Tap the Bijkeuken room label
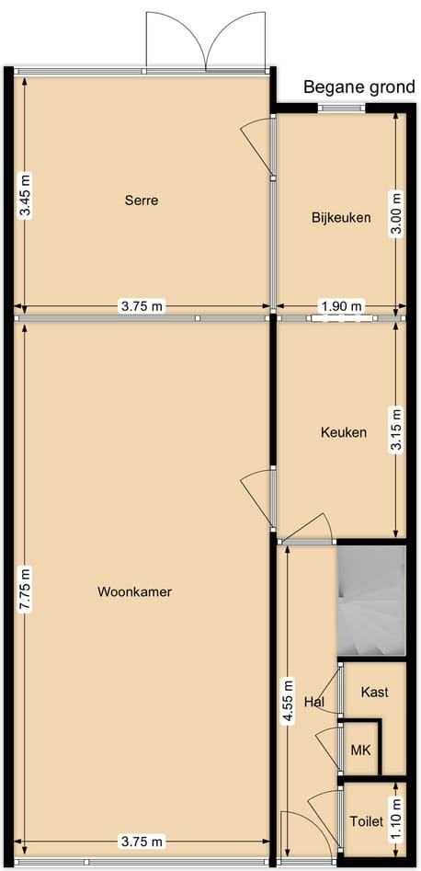click(x=340, y=218)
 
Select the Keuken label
click(x=343, y=432)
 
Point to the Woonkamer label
click(x=134, y=591)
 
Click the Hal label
click(x=313, y=702)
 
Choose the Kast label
click(x=374, y=692)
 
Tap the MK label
click(x=360, y=751)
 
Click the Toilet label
click(x=365, y=821)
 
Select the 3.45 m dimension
click(x=25, y=195)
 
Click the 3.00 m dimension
click(x=396, y=213)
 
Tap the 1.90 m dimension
click(x=341, y=306)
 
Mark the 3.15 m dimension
click(x=396, y=430)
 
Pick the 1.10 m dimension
click(x=396, y=819)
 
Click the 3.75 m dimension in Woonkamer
click(x=142, y=842)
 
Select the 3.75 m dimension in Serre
click(x=142, y=306)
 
